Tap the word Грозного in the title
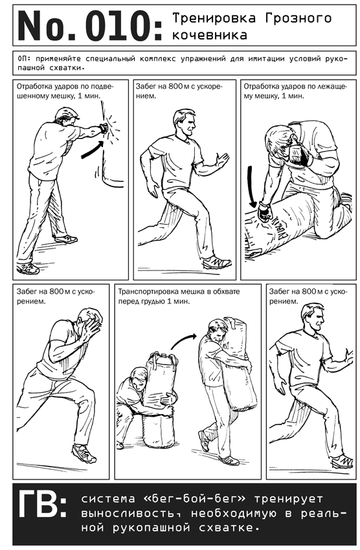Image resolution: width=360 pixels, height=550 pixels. tap(298, 17)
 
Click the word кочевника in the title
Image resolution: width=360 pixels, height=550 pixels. tap(210, 35)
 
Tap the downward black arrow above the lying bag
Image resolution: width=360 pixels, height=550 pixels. tap(251, 186)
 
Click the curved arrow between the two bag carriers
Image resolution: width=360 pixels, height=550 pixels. tap(183, 340)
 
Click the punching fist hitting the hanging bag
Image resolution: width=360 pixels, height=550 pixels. tap(103, 127)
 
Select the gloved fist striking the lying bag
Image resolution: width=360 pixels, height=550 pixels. tap(265, 212)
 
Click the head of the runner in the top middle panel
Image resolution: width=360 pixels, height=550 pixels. tap(185, 123)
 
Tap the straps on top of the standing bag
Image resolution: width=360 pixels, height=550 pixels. tap(163, 358)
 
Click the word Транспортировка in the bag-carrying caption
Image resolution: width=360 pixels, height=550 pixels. tap(146, 291)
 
